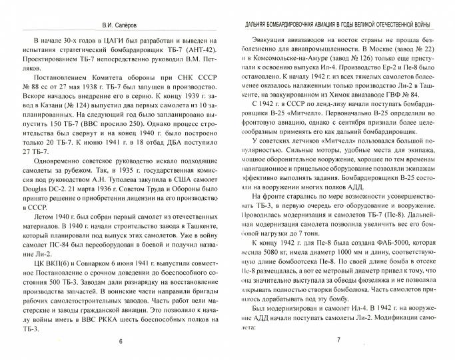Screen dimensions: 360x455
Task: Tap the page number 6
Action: (121, 341)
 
